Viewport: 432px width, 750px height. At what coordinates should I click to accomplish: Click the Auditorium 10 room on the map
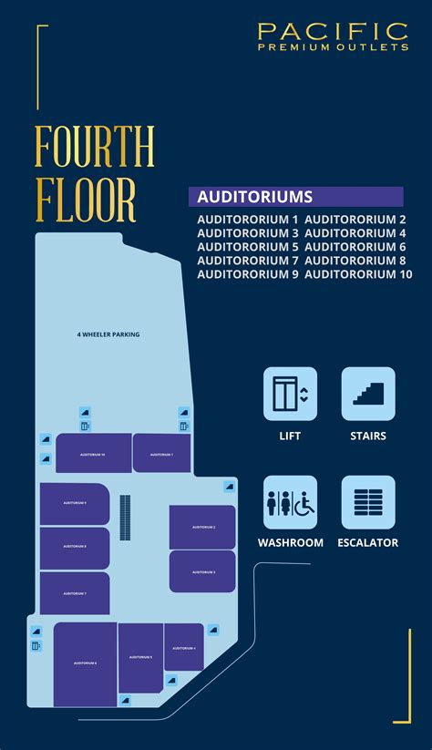93,453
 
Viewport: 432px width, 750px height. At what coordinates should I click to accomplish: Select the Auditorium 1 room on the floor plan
161,453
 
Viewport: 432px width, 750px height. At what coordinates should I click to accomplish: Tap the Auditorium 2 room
202,527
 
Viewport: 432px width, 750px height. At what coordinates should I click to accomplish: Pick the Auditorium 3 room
202,571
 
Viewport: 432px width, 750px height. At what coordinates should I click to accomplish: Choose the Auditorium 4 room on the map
183,647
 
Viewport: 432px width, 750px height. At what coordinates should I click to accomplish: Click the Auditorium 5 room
140,657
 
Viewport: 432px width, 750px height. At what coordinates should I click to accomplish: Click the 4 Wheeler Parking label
108,334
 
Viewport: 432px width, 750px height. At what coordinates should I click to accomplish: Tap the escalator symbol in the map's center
126,518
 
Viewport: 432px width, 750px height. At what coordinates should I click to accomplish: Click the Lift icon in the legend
290,394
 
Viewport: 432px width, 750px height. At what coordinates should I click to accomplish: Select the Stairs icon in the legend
368,394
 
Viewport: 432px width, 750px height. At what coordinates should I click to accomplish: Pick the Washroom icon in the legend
290,502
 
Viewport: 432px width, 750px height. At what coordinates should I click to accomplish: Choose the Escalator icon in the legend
368,502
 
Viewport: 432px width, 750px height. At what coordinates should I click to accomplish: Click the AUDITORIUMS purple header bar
295,197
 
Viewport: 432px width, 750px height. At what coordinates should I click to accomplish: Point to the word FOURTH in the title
95,147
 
